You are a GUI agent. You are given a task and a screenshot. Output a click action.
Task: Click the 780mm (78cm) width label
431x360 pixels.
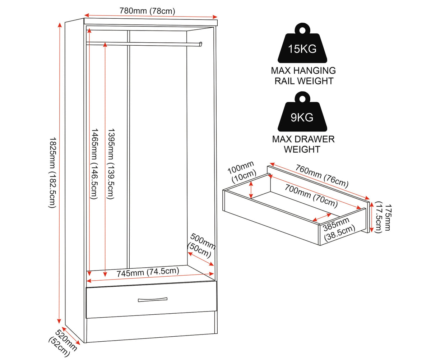point(147,11)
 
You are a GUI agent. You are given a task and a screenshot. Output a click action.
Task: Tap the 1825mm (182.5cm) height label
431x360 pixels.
point(52,173)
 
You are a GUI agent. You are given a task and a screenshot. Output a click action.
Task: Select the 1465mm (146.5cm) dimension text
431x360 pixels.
point(94,164)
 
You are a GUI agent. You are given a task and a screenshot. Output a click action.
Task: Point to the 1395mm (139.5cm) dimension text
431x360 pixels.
point(111,164)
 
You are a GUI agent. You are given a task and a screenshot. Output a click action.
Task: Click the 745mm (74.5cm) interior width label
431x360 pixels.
point(148,272)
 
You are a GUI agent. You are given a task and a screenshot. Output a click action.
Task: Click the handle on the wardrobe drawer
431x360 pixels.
point(153,299)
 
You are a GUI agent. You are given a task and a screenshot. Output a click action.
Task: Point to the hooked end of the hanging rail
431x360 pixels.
point(201,44)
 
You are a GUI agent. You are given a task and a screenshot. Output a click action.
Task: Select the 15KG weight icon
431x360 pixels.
point(302,43)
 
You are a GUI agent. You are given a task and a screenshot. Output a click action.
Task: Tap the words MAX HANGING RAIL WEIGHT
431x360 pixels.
point(303,75)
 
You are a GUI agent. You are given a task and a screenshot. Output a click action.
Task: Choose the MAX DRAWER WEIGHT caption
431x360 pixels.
point(303,144)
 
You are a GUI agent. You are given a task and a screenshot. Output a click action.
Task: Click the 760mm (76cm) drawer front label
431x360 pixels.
point(321,176)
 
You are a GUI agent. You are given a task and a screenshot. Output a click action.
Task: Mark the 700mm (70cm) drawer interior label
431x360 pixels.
point(311,196)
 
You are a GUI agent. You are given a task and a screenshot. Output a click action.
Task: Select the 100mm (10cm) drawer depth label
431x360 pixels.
point(242,172)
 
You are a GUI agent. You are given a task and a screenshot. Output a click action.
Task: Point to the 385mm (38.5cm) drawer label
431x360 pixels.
point(339,229)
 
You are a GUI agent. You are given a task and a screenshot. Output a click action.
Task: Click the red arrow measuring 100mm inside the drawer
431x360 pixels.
point(251,190)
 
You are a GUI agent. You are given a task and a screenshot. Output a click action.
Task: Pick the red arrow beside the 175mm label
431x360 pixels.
point(371,217)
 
